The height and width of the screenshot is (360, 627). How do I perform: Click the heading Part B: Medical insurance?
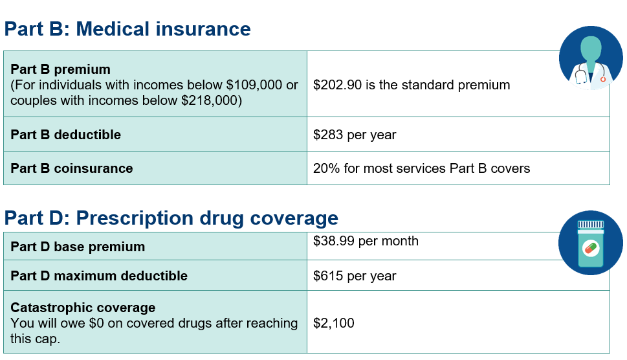point(127,29)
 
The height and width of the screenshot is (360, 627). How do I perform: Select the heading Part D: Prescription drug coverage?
point(171,218)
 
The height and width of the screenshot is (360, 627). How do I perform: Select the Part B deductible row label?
point(66,135)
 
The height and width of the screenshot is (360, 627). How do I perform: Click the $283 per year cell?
point(355,135)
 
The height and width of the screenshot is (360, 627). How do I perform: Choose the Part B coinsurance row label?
point(72,168)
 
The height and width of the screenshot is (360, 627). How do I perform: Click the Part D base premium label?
point(78,247)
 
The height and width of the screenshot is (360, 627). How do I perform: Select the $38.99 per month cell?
point(366,242)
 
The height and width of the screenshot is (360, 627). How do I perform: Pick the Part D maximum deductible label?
point(99,276)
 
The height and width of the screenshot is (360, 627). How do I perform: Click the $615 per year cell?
point(355,276)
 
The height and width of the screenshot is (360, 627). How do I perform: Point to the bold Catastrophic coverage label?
point(83,308)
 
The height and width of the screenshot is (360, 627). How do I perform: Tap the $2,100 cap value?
point(334,322)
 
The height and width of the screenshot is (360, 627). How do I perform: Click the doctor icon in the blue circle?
point(590,58)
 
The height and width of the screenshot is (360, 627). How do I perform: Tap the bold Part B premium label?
point(61,69)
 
